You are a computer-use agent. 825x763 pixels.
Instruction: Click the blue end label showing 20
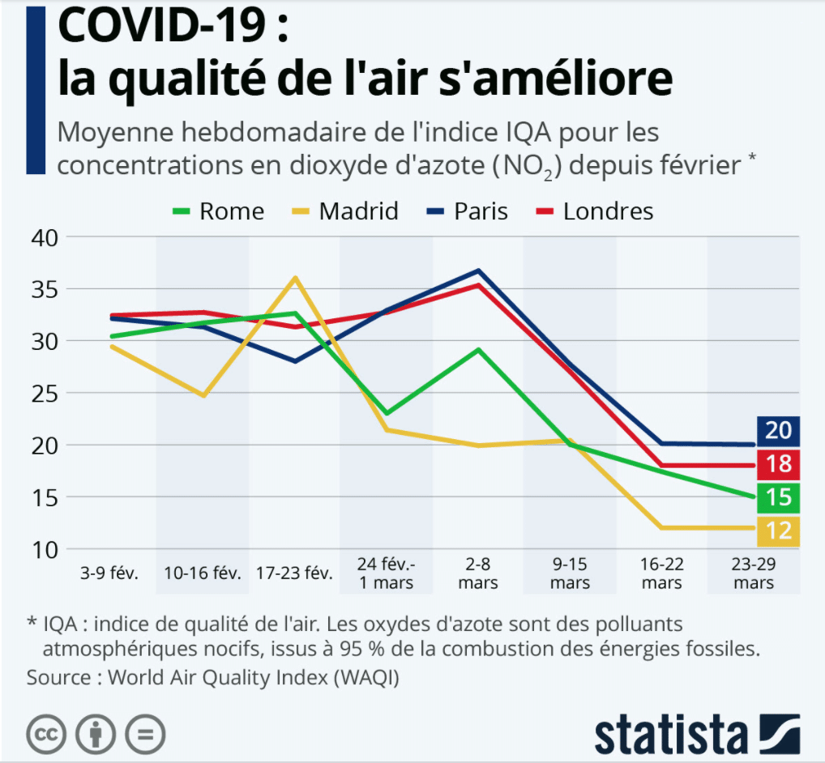pos(778,430)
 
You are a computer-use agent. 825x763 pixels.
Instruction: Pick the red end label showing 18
pos(778,464)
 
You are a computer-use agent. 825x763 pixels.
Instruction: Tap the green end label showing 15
pos(778,498)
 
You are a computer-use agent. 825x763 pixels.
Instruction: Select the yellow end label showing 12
pos(778,531)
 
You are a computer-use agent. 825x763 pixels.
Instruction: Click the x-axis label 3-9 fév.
pos(110,573)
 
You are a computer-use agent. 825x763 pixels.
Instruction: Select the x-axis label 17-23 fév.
pos(294,573)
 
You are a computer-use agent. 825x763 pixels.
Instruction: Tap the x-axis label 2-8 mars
pos(478,573)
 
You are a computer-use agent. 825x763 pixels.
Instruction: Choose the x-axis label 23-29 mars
pos(754,573)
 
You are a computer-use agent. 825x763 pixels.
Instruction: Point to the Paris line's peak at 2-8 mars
pos(479,271)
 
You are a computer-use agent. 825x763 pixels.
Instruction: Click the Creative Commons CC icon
pos(46,734)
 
